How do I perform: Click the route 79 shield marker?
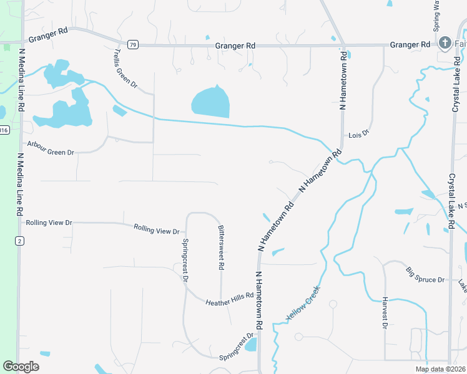tap(132, 45)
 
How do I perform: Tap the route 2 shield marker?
tap(20, 241)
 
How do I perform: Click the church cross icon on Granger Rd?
tap(445, 43)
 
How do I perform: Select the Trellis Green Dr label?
tap(125, 69)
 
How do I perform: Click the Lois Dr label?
tap(359, 135)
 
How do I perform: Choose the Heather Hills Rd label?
tap(229, 299)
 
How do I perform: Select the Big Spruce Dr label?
tap(425, 276)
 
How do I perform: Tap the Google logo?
tap(21, 367)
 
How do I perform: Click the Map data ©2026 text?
tap(441, 369)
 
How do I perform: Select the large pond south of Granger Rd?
tap(210, 102)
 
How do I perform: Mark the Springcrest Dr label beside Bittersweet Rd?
tap(185, 260)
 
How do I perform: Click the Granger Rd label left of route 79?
tap(47, 37)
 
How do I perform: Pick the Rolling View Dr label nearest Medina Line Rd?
tap(49, 223)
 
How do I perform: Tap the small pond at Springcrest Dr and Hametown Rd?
tap(251, 345)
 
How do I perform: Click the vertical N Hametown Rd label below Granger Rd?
tap(343, 82)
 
